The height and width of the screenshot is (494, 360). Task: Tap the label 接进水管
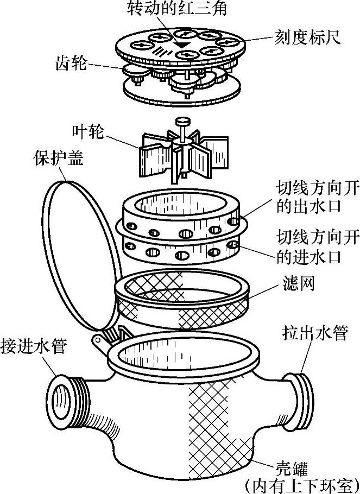tap(34, 346)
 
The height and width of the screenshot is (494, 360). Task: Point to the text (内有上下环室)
tap(302, 483)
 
